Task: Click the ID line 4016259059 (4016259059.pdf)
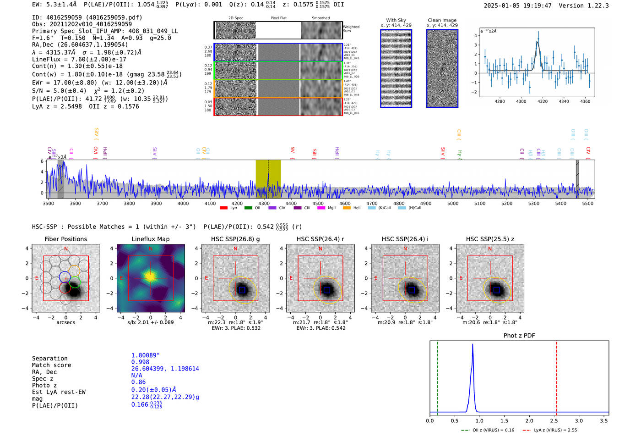87,17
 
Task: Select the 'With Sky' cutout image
396,68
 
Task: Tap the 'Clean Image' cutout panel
442,68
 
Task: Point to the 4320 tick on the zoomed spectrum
543,101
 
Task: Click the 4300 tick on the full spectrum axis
264,203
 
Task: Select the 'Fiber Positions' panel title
65,239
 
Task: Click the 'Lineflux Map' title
151,239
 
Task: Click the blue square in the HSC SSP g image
242,290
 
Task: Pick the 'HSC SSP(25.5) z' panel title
490,239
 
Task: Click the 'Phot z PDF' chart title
519,335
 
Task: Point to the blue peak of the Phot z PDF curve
473,345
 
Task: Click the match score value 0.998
140,362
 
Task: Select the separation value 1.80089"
146,355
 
